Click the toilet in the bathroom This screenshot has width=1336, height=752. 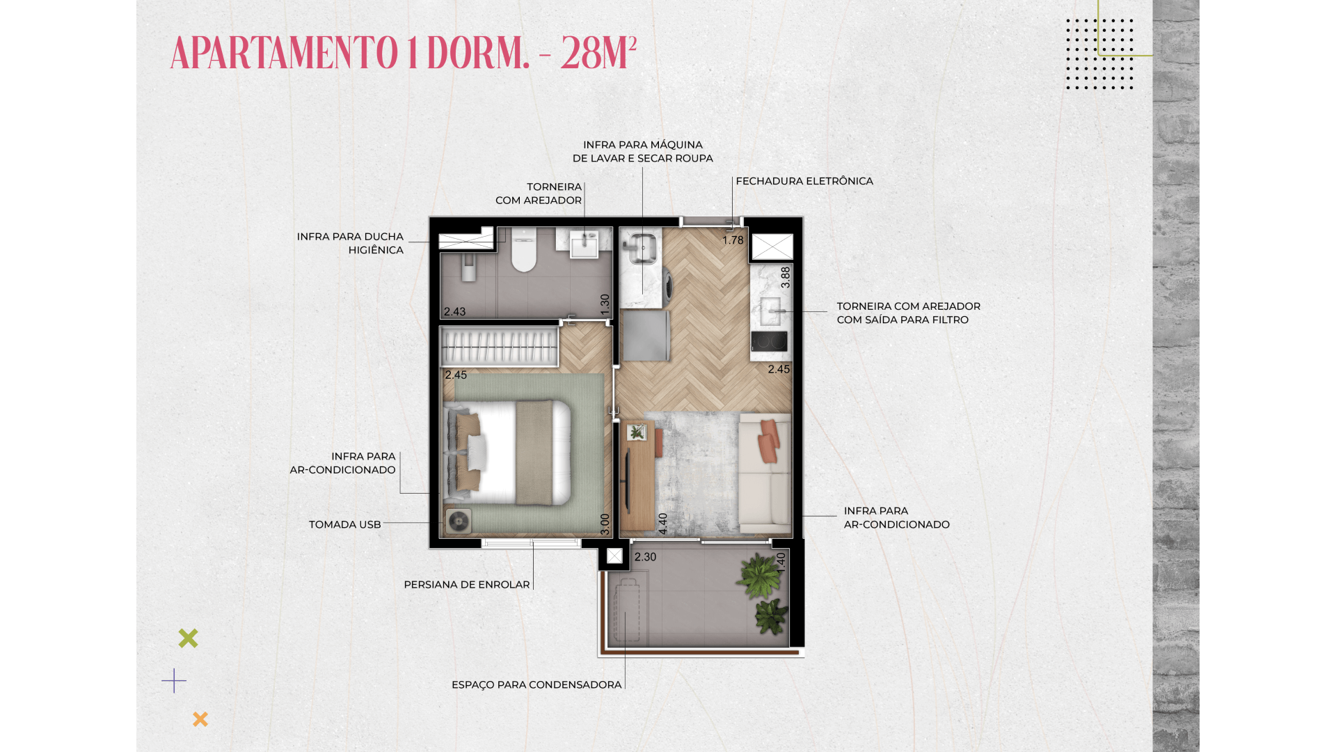pos(524,249)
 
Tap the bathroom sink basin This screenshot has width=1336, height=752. pos(584,244)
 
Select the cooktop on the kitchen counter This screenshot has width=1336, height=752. pos(769,341)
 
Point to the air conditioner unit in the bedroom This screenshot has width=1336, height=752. pos(458,522)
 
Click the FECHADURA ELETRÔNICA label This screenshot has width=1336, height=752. pos(804,181)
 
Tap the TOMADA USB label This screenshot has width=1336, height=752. pos(345,524)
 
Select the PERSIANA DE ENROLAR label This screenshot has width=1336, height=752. pos(467,585)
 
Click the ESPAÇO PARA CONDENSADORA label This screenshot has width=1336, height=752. pos(536,685)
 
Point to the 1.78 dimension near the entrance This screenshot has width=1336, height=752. pos(733,240)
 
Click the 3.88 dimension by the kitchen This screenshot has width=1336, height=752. pos(786,277)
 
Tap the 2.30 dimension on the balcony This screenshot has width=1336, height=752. pos(645,557)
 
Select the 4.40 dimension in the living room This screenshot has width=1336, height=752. pos(663,524)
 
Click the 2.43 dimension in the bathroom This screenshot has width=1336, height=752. pos(454,312)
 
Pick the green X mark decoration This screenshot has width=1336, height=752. pos(188,638)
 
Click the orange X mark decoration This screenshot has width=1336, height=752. pos(200,719)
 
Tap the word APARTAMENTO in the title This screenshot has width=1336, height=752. pos(284,53)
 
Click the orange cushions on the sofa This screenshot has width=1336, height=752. pos(768,440)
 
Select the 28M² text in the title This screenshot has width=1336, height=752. pos(598,53)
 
